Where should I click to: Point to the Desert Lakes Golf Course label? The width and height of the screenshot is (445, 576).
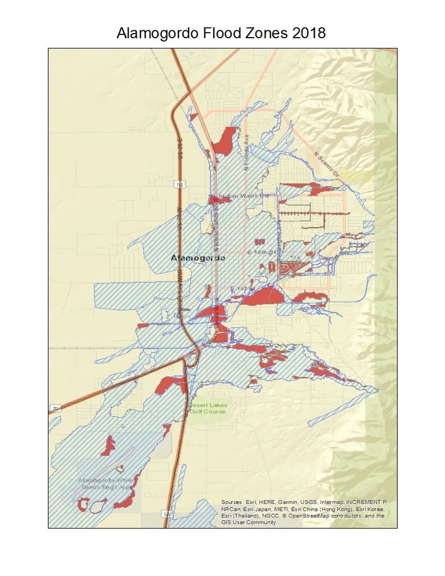(x=206, y=408)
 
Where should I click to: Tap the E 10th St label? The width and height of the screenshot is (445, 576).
(x=260, y=254)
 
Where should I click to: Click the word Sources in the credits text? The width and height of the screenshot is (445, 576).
(x=232, y=501)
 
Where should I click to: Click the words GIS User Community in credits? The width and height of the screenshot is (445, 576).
(x=248, y=523)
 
